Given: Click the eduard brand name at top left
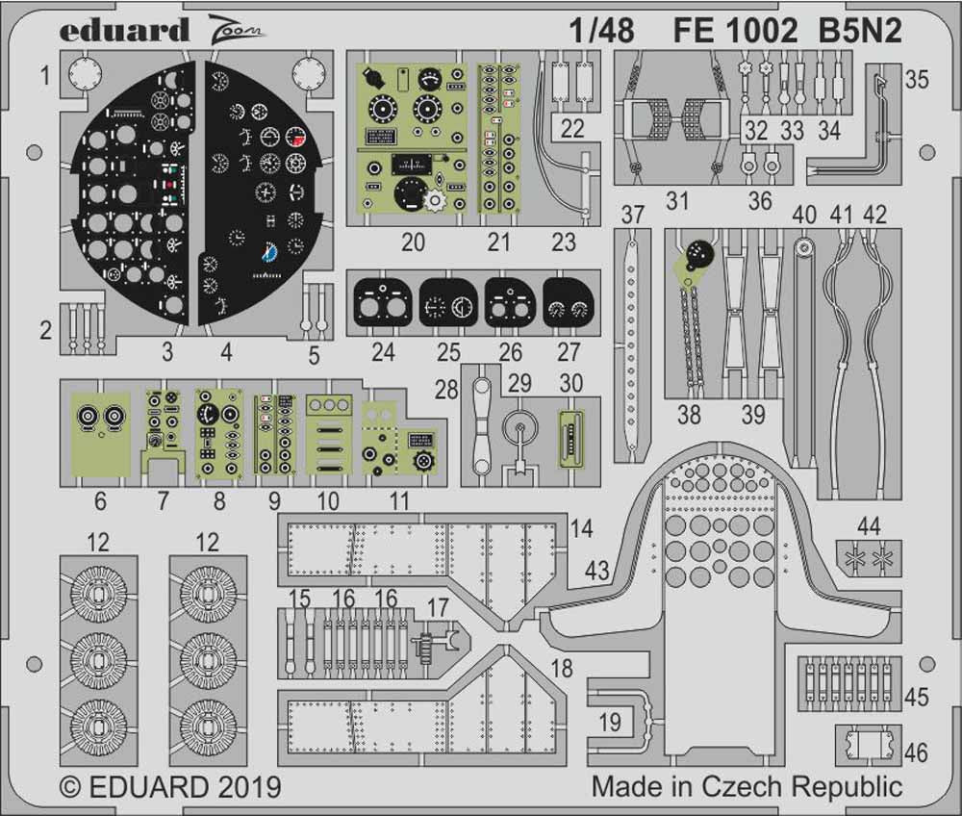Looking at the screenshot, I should (124, 30).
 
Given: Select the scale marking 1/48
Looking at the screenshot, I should (600, 32).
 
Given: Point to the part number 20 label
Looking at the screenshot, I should (413, 242).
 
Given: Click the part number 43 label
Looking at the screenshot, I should (597, 570).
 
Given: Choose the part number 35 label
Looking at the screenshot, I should (917, 80).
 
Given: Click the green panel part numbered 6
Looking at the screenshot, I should (101, 434).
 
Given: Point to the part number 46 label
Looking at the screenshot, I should (917, 752).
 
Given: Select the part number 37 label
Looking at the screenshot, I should (631, 215).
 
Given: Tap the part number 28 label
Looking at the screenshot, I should (446, 389).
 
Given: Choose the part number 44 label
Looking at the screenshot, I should (869, 524).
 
